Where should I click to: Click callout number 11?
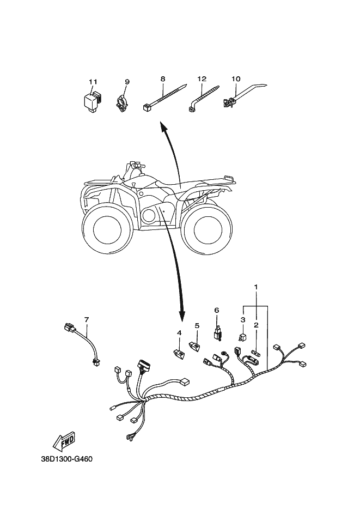(93, 82)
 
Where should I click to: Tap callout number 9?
(127, 82)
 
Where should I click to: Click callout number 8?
(162, 79)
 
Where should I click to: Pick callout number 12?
(201, 79)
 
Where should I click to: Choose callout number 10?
(236, 79)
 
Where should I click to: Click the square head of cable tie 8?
(146, 108)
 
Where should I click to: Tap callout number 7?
(86, 318)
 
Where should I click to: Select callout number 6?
(216, 310)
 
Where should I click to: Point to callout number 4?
(179, 332)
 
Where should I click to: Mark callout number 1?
(256, 287)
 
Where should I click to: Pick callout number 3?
(243, 320)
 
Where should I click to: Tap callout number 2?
(256, 325)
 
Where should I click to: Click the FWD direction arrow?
(64, 440)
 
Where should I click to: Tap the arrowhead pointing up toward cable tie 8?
(162, 126)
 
